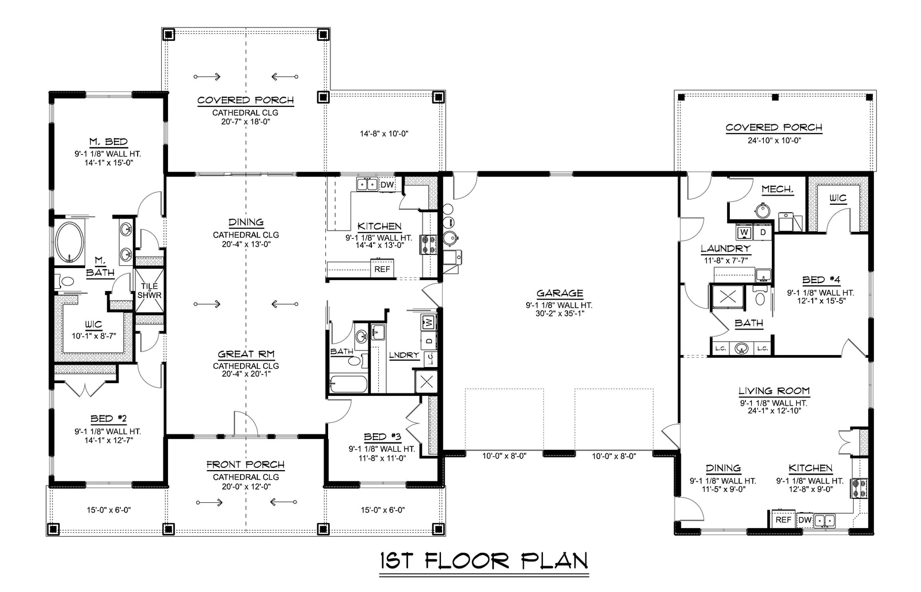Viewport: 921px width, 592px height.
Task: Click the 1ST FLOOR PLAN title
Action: click(484, 561)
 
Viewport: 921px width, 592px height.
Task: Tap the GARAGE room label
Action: click(560, 293)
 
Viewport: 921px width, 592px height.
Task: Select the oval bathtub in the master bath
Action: click(70, 242)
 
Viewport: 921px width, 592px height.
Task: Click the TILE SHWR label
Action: click(149, 291)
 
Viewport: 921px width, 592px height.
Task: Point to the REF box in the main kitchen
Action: click(382, 269)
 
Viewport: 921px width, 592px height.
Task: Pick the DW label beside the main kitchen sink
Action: click(387, 185)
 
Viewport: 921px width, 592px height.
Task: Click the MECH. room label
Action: click(777, 189)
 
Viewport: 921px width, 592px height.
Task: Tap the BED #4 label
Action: click(821, 280)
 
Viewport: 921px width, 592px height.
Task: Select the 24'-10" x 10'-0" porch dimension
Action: click(773, 140)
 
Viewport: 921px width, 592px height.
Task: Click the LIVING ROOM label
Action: click(774, 391)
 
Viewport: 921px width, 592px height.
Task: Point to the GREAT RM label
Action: click(246, 354)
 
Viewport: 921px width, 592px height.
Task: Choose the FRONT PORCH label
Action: click(246, 465)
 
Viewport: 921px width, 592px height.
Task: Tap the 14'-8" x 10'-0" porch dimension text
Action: click(384, 133)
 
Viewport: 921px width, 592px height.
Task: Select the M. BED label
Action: click(108, 142)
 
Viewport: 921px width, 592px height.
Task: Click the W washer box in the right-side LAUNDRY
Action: click(744, 232)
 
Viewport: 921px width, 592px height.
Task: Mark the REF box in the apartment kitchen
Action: click(783, 520)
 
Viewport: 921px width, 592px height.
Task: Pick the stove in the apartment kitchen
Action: click(859, 488)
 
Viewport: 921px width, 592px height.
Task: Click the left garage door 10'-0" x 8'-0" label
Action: click(504, 456)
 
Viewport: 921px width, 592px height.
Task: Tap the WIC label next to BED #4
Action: click(838, 198)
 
